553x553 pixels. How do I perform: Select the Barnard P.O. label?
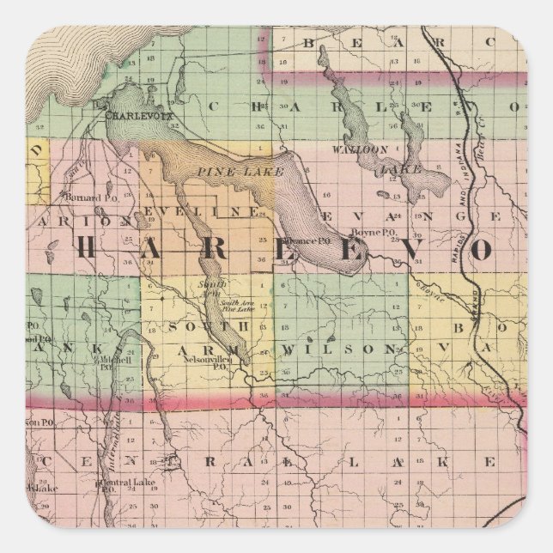pyautogui.click(x=82, y=197)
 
